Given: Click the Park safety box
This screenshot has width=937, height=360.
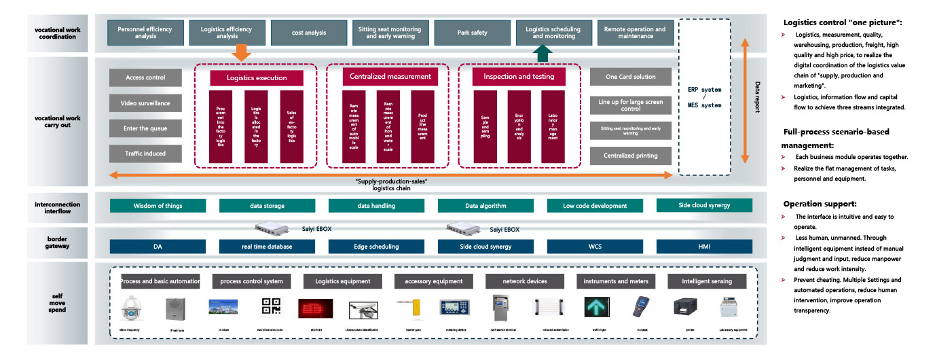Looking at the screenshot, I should (x=473, y=33).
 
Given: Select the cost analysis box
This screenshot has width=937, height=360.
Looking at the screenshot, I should (x=309, y=33).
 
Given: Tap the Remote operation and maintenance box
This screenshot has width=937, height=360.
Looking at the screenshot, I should (x=635, y=33).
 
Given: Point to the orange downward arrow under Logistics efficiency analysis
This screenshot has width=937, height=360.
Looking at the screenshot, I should (x=240, y=52).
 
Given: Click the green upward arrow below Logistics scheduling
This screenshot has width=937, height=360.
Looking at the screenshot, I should (x=540, y=53).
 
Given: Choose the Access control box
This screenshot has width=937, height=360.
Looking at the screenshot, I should (x=145, y=77).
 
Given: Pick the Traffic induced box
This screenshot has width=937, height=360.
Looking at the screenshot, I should (x=145, y=154).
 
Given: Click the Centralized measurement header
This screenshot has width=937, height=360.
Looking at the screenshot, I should (x=390, y=77).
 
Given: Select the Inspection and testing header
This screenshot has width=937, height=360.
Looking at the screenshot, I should (x=519, y=77).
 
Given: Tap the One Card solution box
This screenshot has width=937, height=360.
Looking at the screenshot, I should (x=631, y=77).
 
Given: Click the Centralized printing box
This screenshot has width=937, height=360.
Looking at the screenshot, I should (x=631, y=156).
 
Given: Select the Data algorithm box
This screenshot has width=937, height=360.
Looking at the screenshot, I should (x=485, y=206).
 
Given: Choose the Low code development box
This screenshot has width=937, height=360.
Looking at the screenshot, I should (x=595, y=206).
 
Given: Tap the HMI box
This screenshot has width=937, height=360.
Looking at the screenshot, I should (x=704, y=247).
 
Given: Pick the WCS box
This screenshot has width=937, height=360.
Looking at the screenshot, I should (x=595, y=247).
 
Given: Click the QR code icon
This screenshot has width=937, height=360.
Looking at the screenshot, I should (x=270, y=308).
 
